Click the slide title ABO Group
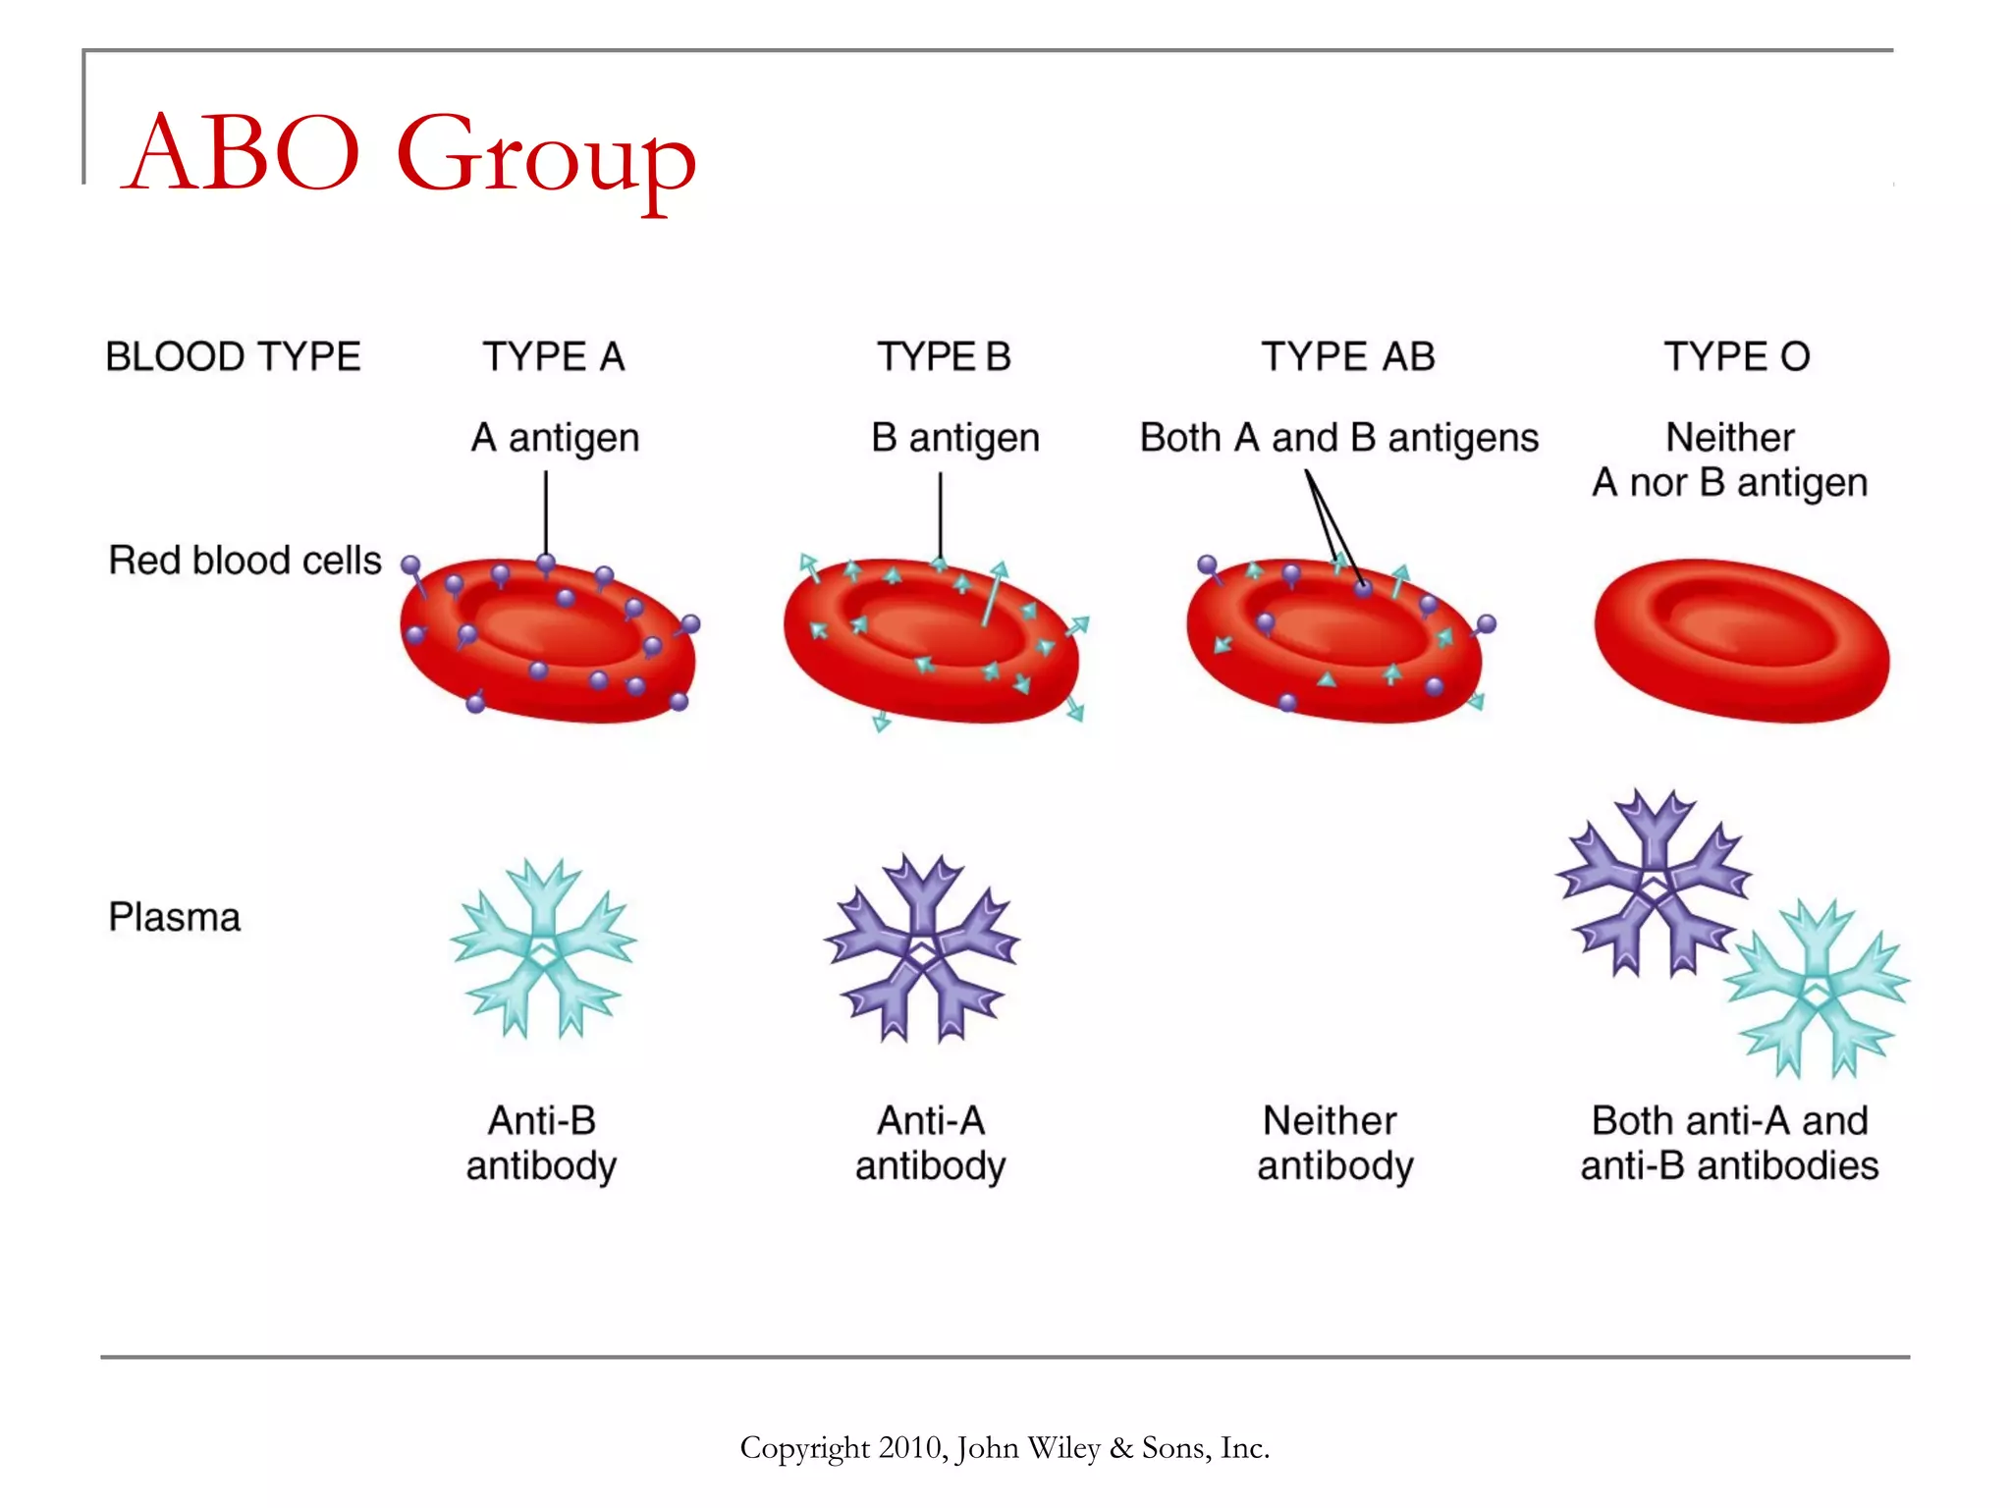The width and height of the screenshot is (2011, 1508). (x=410, y=154)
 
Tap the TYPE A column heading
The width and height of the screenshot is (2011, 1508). (x=553, y=356)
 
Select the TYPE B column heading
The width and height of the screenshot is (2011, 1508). (x=944, y=356)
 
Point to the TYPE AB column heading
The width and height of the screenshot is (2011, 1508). (x=1347, y=356)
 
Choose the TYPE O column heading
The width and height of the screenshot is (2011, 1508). (x=1736, y=356)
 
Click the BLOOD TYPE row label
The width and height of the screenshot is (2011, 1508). (x=233, y=356)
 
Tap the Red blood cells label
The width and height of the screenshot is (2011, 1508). (x=245, y=561)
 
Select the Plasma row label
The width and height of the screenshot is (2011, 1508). (x=174, y=917)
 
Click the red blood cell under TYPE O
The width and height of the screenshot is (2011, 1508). (x=1741, y=640)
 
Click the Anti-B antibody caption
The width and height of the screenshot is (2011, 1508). (x=541, y=1143)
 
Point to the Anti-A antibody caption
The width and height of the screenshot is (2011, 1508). (x=930, y=1143)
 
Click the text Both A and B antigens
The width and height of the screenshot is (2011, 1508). (x=1338, y=438)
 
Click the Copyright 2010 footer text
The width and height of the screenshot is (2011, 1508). (x=1005, y=1448)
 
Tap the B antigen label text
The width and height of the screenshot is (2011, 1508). (x=954, y=438)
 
